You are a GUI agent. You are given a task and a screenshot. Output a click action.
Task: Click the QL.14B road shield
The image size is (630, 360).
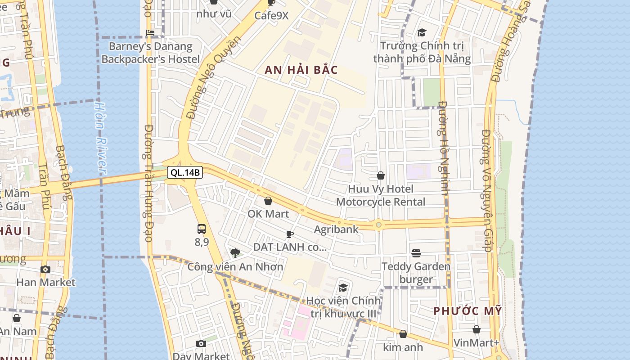click(185, 172)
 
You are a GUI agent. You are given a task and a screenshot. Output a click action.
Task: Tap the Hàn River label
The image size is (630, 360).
click(100, 137)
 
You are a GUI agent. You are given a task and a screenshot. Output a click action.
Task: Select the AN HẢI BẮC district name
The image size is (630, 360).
click(301, 70)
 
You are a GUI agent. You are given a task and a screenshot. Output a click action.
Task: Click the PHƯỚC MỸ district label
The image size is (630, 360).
click(468, 311)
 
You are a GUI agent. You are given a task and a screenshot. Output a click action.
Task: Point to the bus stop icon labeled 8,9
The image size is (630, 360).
click(202, 229)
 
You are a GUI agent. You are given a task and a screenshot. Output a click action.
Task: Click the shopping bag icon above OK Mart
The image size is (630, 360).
click(268, 201)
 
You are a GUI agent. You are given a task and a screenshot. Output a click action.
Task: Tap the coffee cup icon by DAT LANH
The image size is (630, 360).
click(290, 234)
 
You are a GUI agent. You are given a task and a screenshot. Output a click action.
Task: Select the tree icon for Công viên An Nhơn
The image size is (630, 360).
click(235, 253)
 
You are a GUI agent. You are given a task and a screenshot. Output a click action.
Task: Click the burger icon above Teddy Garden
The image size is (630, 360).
click(416, 253)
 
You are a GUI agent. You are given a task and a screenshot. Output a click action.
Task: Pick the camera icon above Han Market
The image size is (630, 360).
click(45, 269)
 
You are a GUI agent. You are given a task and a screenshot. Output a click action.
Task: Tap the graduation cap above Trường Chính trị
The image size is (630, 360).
click(422, 32)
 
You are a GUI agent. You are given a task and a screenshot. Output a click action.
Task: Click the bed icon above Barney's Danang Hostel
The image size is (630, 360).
click(150, 33)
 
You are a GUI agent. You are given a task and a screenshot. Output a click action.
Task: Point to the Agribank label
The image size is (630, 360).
click(336, 229)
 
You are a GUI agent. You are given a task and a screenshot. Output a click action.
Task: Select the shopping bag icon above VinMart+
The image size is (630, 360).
click(476, 329)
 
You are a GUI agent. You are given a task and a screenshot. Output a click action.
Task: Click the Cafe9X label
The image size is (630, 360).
click(271, 15)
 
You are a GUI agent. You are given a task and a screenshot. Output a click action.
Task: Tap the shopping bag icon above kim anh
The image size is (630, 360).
click(403, 334)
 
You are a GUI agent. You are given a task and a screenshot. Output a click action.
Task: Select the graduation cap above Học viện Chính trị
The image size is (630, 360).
click(343, 288)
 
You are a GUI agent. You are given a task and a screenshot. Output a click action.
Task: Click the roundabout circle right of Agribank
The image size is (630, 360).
click(379, 225)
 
